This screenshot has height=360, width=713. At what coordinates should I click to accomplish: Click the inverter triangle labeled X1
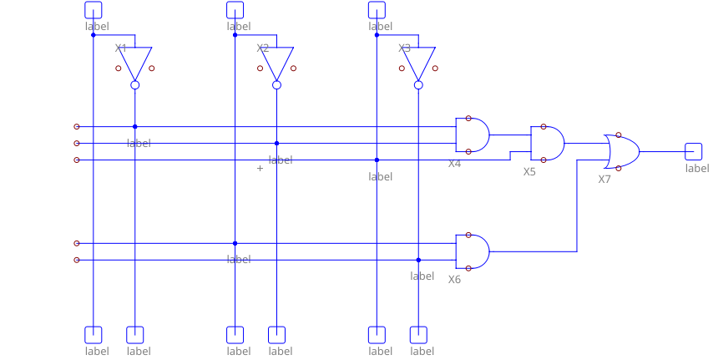pos(135,62)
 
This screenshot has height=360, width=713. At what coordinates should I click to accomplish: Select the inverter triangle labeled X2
pos(277,62)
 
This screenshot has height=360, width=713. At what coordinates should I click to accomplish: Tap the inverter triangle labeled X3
pos(419,62)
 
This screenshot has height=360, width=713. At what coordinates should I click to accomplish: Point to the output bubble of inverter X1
pos(135,85)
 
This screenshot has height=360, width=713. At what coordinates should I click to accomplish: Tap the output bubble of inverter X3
pos(419,85)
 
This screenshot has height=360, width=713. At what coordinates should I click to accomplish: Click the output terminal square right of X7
pos(693,151)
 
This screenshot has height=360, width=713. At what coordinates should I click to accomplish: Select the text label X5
pos(529,172)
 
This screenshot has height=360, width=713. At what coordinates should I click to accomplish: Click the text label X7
pos(604,180)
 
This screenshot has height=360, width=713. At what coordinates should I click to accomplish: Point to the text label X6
pos(454,280)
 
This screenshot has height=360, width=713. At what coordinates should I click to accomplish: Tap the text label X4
pos(454,164)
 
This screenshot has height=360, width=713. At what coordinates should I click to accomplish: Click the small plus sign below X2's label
pos(260,169)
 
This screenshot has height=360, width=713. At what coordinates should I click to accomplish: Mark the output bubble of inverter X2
pos(277,85)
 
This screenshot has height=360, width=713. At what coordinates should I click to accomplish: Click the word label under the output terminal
pos(697,169)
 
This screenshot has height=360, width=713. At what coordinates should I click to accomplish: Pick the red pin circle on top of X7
pos(619,134)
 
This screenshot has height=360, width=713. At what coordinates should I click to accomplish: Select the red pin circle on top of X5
pos(544,127)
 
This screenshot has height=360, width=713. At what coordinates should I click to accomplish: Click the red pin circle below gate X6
pos(468,268)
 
